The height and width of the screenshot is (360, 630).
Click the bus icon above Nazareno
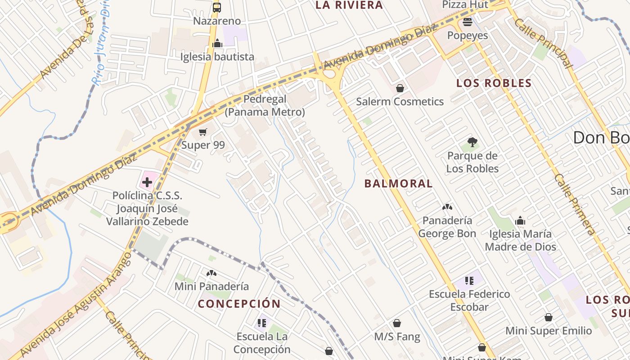tap(217, 7)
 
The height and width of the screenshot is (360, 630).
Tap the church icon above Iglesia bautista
tap(217, 44)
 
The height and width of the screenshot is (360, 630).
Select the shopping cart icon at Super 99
tap(203, 132)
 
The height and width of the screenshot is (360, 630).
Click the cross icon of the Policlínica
tap(147, 182)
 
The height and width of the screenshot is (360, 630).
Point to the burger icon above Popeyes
tap(468, 22)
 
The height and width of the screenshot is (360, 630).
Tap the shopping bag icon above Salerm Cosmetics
tap(400, 88)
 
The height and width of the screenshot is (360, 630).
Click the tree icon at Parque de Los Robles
tap(472, 143)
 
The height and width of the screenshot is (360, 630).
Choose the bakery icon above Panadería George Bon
tap(447, 207)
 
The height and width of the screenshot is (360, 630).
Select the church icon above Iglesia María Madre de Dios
tap(520, 220)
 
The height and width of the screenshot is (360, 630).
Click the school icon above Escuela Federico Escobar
tap(469, 281)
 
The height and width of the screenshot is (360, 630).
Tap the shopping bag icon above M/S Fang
tap(397, 323)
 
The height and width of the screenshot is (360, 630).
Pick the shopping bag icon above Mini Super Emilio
tap(549, 317)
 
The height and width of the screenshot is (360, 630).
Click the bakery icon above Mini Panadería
tap(211, 273)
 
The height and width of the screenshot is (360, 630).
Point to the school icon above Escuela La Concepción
tap(262, 323)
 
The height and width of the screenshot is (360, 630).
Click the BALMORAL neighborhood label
tap(398, 184)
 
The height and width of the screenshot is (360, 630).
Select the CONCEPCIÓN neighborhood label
tap(239, 304)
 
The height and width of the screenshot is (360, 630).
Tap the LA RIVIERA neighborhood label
tap(349, 5)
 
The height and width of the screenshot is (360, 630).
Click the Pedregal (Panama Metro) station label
tap(265, 105)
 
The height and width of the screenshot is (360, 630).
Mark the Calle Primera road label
tap(575, 204)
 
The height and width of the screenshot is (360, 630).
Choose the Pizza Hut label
tap(465, 4)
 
